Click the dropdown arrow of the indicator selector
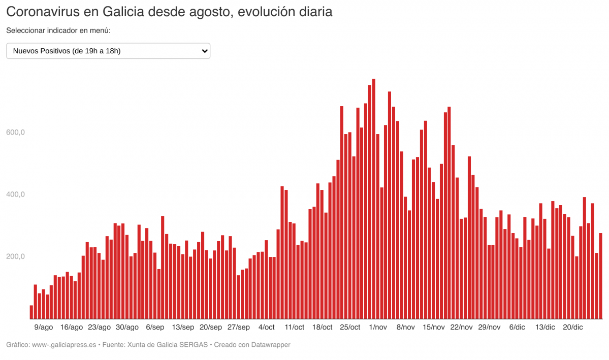click(205, 51)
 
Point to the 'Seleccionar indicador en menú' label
click(58, 30)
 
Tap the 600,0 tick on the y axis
click(15, 133)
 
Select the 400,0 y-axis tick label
click(15, 194)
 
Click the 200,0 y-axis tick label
click(15, 256)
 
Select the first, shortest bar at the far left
click(31, 312)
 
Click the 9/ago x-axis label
click(43, 328)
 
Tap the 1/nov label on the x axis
click(378, 328)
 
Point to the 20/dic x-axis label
click(573, 328)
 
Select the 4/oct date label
click(266, 328)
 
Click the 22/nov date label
click(461, 328)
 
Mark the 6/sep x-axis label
click(155, 328)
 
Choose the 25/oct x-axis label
click(350, 328)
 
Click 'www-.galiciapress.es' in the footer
click(63, 345)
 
